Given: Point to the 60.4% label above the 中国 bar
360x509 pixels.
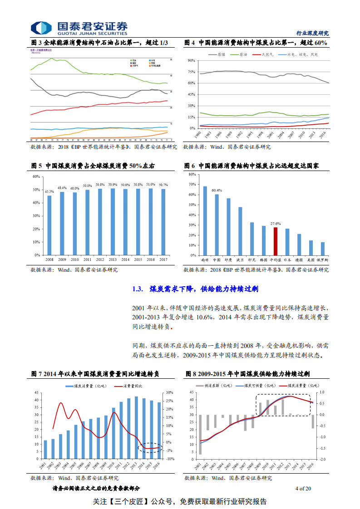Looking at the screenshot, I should point(217,191).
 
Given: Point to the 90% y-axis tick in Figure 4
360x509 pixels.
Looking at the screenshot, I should point(191,60).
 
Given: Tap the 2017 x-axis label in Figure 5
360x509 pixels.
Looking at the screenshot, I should point(163,260).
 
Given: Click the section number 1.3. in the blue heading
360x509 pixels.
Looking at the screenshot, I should point(138,289).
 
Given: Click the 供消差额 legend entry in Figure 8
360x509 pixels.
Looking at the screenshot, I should point(210,386).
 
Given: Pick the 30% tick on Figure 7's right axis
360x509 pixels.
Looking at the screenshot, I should point(169,393).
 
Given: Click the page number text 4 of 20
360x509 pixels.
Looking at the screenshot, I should point(303,489).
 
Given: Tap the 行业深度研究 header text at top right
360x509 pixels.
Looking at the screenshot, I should point(312,33).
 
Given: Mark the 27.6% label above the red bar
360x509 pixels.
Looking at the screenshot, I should point(275,224).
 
